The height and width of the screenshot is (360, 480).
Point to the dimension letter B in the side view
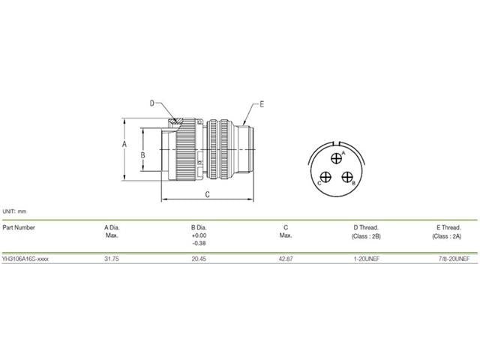142,155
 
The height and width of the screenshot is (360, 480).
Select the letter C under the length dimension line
207,194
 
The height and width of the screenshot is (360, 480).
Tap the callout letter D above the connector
151,103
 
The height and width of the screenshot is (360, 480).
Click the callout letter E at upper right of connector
261,103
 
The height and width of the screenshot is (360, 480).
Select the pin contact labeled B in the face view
347,177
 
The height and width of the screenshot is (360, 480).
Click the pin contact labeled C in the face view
326,177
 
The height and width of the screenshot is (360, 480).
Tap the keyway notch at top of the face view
337,144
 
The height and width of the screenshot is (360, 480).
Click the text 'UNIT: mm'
14,212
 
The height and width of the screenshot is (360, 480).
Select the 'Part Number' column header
19,226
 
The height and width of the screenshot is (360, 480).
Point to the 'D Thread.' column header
366,226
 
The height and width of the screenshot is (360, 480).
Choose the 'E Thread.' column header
448,226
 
